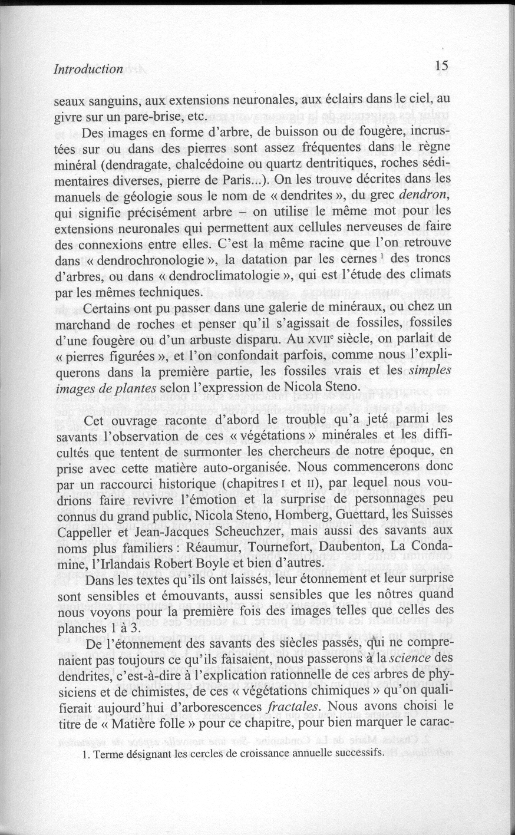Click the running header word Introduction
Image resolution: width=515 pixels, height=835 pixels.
point(88,69)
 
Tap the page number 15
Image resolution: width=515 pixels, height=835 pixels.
point(442,67)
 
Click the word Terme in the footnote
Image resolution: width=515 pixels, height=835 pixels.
point(109,753)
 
